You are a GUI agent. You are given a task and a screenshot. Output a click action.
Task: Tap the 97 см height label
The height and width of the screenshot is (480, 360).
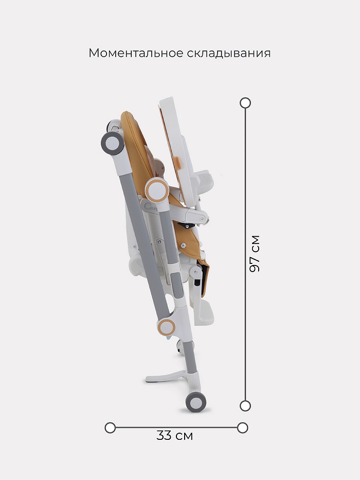pos(255,254)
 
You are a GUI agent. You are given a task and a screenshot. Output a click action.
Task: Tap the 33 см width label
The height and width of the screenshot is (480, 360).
pos(174,436)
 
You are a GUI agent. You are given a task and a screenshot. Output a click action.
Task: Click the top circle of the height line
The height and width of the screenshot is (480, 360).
pos(245,103)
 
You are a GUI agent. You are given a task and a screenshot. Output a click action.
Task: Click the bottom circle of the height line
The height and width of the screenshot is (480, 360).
pos(245,406)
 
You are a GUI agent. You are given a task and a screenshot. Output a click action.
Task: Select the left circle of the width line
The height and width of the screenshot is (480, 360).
pos(110,428)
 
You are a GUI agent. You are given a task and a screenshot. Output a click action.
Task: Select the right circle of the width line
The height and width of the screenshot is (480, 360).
pos(242,428)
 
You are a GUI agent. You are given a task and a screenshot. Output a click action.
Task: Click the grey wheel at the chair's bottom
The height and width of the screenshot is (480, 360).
pos(196,402)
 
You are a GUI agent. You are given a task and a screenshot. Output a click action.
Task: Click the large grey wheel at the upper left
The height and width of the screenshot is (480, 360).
pos(113,143)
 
